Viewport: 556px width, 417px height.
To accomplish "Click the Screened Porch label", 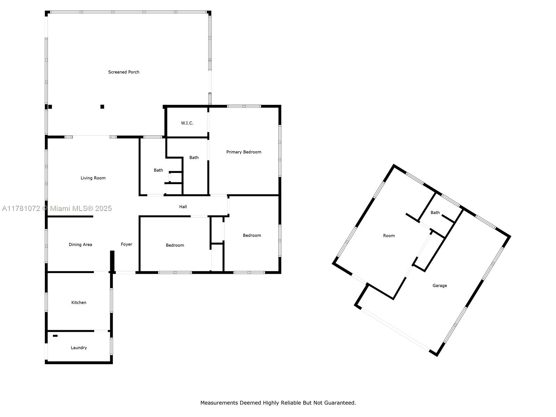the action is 124,72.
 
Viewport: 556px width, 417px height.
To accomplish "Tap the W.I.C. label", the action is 187,123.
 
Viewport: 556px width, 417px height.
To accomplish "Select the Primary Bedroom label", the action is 244,152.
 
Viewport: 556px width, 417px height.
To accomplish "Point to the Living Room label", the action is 93,178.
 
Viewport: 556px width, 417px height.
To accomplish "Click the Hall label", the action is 183,207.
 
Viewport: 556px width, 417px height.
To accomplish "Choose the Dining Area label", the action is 80,245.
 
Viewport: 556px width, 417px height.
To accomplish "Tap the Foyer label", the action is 126,244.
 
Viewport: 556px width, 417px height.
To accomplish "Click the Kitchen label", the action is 79,303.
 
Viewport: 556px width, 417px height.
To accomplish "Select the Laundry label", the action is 79,347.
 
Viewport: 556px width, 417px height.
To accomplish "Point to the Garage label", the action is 440,286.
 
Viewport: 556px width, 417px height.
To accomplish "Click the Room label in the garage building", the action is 389,236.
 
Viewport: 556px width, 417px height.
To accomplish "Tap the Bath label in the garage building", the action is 435,213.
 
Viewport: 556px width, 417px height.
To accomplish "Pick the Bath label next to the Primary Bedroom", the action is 194,157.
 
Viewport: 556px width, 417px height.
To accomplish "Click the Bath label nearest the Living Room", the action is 158,170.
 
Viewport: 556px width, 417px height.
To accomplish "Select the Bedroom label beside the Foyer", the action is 175,245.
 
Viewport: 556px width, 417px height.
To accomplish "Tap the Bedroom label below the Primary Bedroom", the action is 252,236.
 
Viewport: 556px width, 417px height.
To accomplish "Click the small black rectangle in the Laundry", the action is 55,336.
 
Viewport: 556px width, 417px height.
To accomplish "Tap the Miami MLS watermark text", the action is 57,208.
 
